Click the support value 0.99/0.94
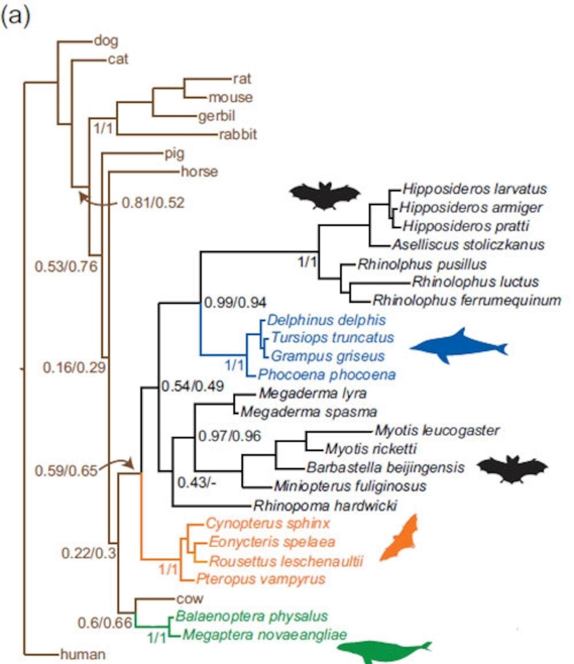click(235, 303)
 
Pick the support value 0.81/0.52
click(153, 203)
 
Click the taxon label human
click(83, 654)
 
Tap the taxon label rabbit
click(238, 135)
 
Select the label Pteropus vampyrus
click(260, 579)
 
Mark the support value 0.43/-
click(197, 483)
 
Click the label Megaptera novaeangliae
click(265, 635)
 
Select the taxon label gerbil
click(216, 116)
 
